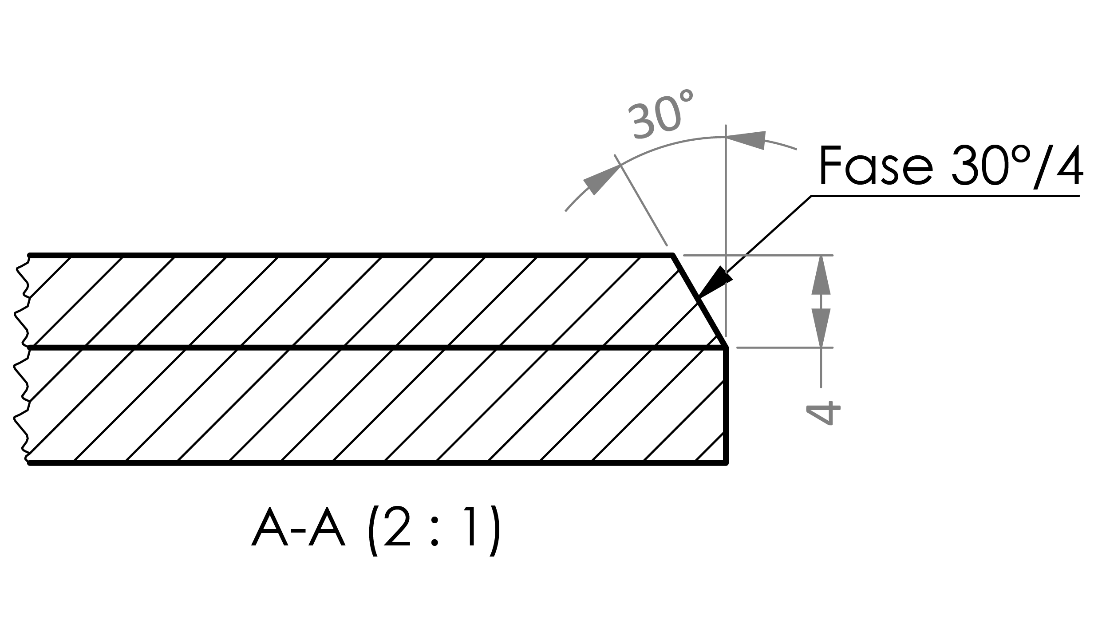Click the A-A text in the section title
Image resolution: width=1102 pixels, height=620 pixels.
pos(298,530)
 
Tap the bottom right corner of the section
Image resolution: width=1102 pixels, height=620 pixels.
pos(726,463)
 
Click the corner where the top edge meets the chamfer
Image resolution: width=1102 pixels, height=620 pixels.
pos(674,255)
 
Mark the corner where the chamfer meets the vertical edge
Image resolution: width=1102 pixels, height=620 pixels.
pos(726,348)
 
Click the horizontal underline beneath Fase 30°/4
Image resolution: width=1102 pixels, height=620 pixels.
pos(945,196)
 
